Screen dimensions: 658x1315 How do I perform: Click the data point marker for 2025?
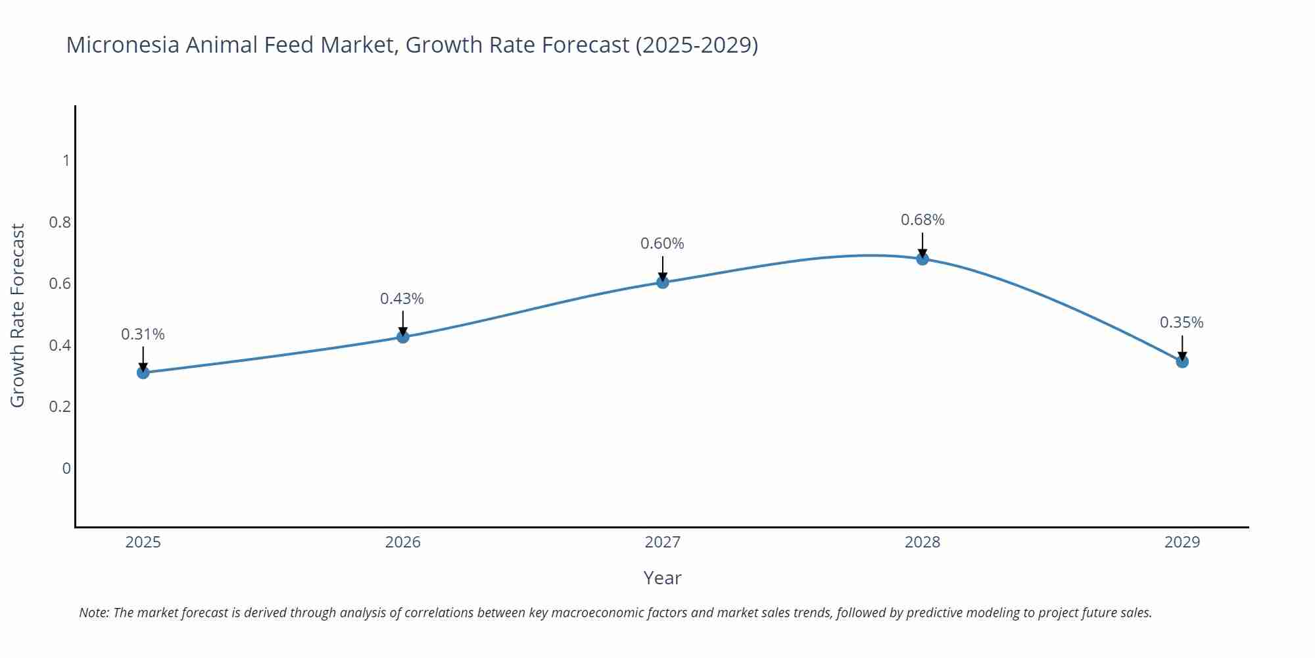143,372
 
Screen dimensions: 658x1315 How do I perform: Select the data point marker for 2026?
403,337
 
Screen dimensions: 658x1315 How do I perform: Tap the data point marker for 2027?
663,282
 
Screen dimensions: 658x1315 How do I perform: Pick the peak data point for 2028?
922,259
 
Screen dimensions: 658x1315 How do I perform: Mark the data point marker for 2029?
1182,361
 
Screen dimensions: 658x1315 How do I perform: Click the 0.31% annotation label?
143,334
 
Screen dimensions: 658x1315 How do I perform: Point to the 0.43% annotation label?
402,299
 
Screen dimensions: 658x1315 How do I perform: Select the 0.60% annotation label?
662,243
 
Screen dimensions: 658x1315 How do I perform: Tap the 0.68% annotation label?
922,220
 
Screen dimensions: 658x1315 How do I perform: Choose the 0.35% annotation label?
1182,322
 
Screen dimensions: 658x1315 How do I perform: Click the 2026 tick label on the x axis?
403,542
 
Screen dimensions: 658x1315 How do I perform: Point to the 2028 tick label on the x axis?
922,542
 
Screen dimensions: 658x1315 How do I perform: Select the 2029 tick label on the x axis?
1182,542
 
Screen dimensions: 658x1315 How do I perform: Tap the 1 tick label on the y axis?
66,161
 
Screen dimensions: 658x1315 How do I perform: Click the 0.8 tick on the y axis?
60,222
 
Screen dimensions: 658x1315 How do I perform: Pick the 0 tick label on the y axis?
66,468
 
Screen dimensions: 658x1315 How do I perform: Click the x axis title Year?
662,578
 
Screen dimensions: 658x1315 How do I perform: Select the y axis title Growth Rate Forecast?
18,315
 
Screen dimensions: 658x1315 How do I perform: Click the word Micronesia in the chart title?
122,45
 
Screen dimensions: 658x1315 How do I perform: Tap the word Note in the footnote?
93,613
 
